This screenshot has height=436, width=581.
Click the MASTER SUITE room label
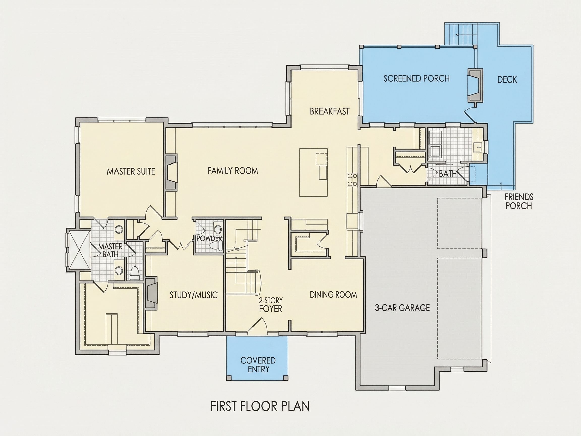tap(131, 172)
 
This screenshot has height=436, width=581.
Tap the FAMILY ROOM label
tap(233, 171)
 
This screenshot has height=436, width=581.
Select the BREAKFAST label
tap(330, 112)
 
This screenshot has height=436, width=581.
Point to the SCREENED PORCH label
tap(416, 78)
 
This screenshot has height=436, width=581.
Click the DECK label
tap(507, 80)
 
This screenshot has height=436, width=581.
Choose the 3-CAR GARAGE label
tap(402, 308)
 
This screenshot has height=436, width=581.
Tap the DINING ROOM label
tap(333, 295)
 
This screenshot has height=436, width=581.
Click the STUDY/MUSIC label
tap(194, 295)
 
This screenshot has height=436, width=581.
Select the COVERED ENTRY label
tap(258, 365)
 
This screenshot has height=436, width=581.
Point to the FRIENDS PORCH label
tap(518, 201)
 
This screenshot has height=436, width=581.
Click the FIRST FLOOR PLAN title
tap(260, 406)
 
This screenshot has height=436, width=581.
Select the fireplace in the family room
tap(171, 172)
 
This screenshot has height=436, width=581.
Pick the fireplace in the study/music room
tap(152, 292)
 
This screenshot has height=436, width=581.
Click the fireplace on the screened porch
tap(475, 86)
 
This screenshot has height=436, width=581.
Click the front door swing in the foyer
tap(257, 326)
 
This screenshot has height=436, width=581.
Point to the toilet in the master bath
tap(134, 273)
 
